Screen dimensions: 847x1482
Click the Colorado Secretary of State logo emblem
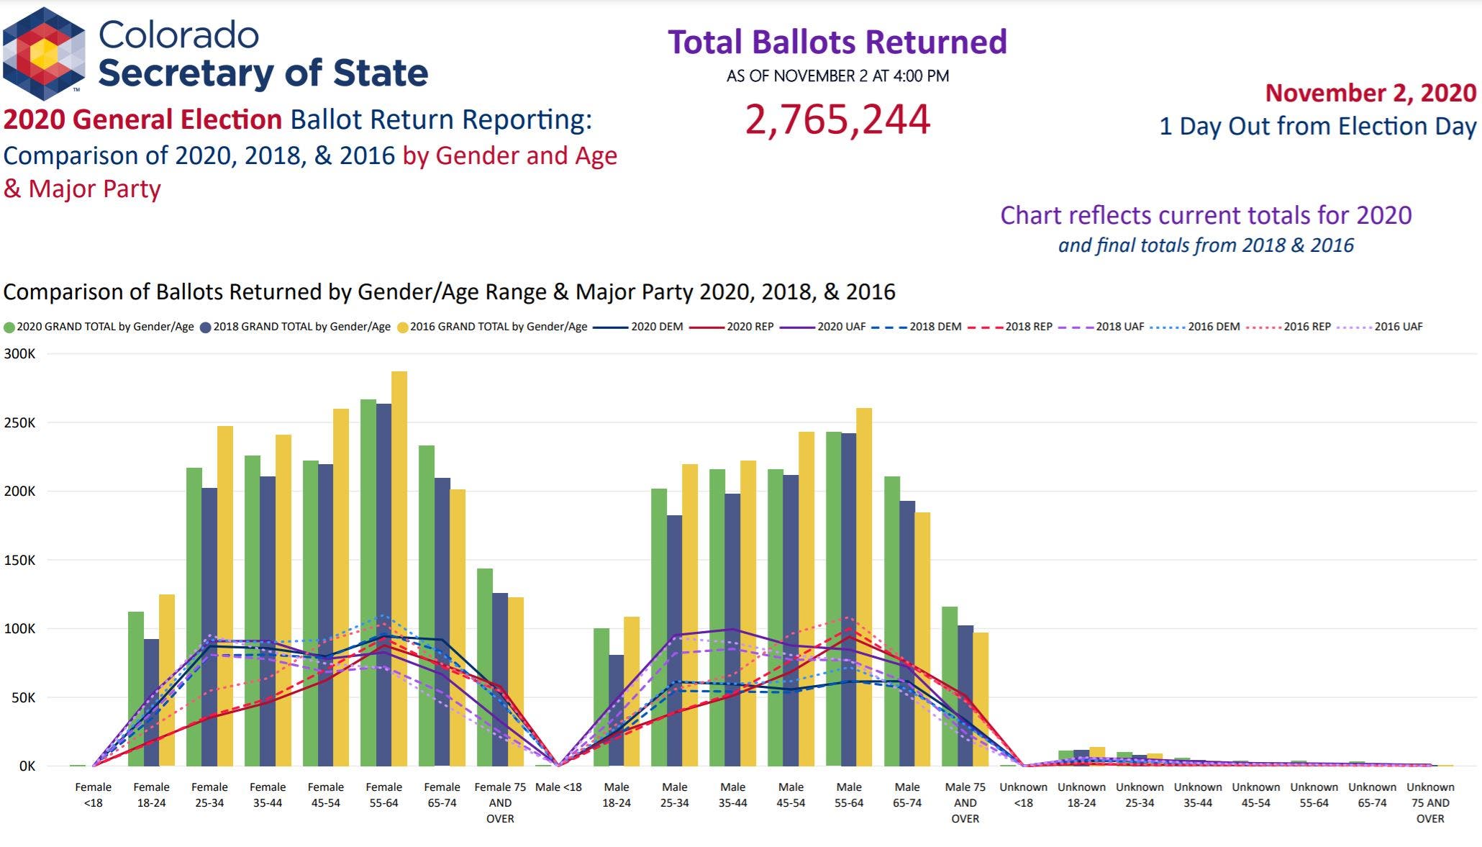click(x=44, y=54)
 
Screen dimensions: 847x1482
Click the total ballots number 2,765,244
click(x=837, y=119)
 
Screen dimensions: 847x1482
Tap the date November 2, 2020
click(x=1370, y=93)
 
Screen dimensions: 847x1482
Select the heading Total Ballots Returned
click(x=837, y=42)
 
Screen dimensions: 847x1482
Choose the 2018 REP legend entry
click(x=1010, y=327)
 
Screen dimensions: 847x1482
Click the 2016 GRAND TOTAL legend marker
click(x=403, y=327)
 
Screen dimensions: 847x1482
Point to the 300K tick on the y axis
click(x=19, y=354)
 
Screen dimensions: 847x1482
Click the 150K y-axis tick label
click(x=19, y=560)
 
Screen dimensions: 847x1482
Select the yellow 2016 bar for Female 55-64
click(x=399, y=569)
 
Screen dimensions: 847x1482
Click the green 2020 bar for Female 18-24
click(x=135, y=689)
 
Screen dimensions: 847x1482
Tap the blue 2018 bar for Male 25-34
click(x=674, y=640)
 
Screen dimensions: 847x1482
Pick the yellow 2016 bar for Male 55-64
click(x=864, y=586)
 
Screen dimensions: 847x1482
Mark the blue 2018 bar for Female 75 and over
click(x=499, y=679)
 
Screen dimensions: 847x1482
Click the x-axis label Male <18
click(x=558, y=787)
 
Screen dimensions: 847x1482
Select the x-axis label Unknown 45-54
click(x=1255, y=794)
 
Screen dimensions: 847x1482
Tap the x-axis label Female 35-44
click(x=268, y=794)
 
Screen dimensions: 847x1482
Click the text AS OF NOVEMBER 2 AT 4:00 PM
click(x=837, y=76)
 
